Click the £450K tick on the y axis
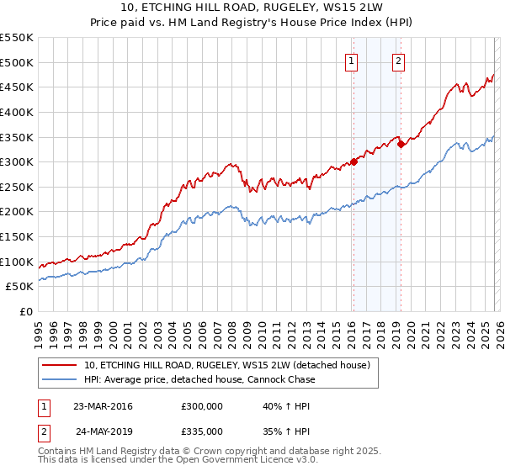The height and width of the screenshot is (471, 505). tap(17, 87)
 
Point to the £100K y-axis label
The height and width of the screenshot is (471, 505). tap(17, 262)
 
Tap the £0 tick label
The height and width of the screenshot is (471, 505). tap(26, 311)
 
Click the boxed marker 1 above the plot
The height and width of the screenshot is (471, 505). tap(351, 60)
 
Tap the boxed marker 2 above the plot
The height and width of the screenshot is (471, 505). tap(398, 60)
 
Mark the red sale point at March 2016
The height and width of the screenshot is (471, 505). tap(353, 161)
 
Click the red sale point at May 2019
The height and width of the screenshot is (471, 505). tap(401, 144)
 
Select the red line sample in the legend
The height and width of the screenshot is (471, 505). tap(59, 366)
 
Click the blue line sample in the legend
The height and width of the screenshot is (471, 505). tap(59, 379)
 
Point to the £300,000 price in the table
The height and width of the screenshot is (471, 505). tap(201, 406)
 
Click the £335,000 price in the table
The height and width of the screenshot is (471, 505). tap(201, 431)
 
